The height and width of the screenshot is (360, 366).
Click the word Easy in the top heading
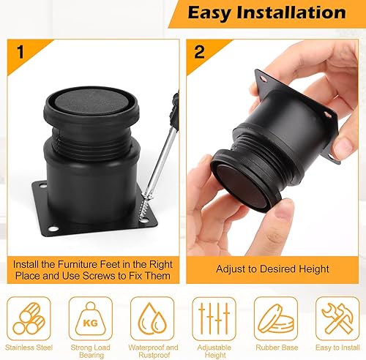pyautogui.click(x=209, y=13)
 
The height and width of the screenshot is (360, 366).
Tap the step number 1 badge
pyautogui.click(x=20, y=52)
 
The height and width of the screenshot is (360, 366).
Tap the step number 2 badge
pyautogui.click(x=199, y=52)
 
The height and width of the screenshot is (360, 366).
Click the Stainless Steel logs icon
pyautogui.click(x=29, y=318)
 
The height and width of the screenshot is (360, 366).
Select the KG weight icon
pyautogui.click(x=91, y=318)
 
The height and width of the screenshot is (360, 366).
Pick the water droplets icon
pyautogui.click(x=152, y=318)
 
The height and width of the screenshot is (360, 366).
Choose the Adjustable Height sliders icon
pyautogui.click(x=214, y=318)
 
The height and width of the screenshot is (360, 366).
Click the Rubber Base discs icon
pyautogui.click(x=276, y=318)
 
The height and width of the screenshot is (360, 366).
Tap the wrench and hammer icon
pyautogui.click(x=337, y=318)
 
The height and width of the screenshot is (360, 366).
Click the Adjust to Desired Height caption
pyautogui.click(x=272, y=269)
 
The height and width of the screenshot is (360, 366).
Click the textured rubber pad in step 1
pyautogui.click(x=92, y=103)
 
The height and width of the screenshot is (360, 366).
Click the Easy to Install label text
pyautogui.click(x=337, y=348)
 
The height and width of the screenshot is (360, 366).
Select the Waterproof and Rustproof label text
pyautogui.click(x=153, y=351)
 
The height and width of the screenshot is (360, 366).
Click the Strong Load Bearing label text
pyautogui.click(x=91, y=351)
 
